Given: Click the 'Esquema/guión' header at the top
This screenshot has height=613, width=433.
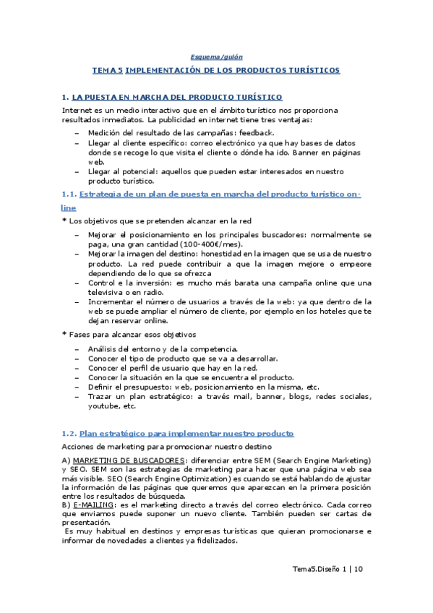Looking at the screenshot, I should point(216,57).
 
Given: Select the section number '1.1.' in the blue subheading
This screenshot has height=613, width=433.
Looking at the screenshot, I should point(69,195).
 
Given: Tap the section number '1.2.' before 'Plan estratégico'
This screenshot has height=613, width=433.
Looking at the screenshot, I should point(69,433).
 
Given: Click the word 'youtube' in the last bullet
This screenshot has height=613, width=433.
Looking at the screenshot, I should point(101,406).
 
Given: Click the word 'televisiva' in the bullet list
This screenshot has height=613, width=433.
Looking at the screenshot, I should point(106,292).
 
